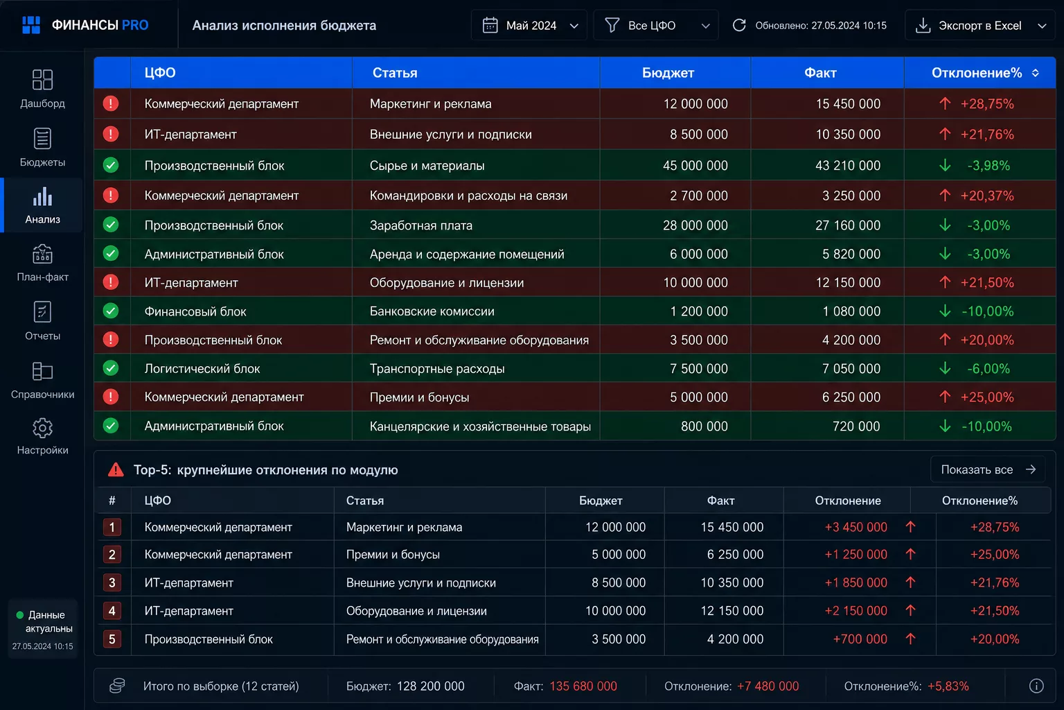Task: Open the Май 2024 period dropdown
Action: pyautogui.click(x=529, y=25)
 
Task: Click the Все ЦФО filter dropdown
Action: pyautogui.click(x=656, y=25)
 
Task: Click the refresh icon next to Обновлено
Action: pyautogui.click(x=739, y=25)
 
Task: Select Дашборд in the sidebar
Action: pyautogui.click(x=42, y=89)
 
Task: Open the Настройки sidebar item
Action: pyautogui.click(x=42, y=436)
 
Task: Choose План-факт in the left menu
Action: pyautogui.click(x=42, y=263)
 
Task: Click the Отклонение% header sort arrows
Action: pyautogui.click(x=1036, y=73)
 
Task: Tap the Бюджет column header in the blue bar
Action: pyautogui.click(x=668, y=73)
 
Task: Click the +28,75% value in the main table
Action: pyautogui.click(x=987, y=104)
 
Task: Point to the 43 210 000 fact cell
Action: pyautogui.click(x=848, y=166)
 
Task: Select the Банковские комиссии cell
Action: pyautogui.click(x=432, y=311)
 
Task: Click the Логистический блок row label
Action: pyautogui.click(x=202, y=369)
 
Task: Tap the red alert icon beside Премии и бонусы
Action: pyautogui.click(x=111, y=397)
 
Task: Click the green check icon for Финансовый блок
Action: pyautogui.click(x=111, y=311)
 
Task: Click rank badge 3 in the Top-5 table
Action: pyautogui.click(x=112, y=582)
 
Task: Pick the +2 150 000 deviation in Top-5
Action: pyautogui.click(x=856, y=611)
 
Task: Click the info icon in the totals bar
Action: pyautogui.click(x=1036, y=686)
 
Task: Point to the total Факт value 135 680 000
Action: pyautogui.click(x=583, y=686)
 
